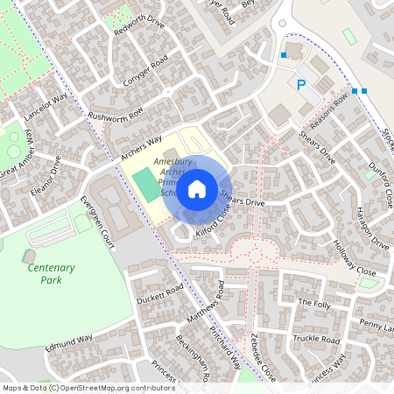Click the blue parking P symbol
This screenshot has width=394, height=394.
click(302, 85)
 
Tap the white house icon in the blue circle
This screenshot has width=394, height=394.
click(198, 187)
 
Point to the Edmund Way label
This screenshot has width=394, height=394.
click(69, 342)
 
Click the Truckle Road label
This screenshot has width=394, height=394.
click(316, 338)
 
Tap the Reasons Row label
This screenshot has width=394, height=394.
click(328, 109)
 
